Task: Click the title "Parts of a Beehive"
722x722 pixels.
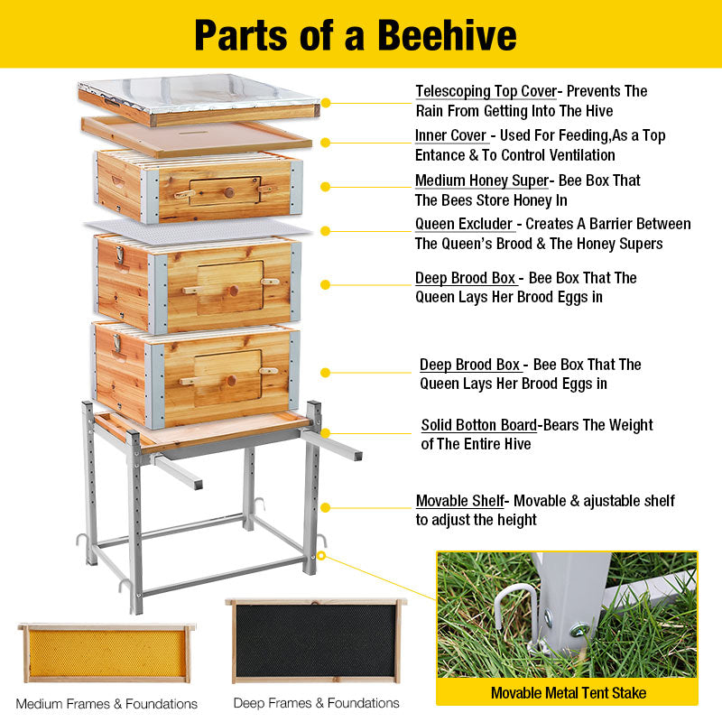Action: pyautogui.click(x=356, y=34)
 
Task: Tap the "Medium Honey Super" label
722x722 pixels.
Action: pyautogui.click(x=481, y=180)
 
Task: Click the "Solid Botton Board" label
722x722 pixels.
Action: pyautogui.click(x=478, y=425)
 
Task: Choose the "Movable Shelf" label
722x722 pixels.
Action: pyautogui.click(x=458, y=501)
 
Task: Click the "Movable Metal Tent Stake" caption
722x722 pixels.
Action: pyautogui.click(x=568, y=693)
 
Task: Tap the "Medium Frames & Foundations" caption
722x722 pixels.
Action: pyautogui.click(x=106, y=703)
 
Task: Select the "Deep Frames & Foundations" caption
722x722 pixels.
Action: pyautogui.click(x=316, y=702)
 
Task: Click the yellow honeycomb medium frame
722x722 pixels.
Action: pyautogui.click(x=106, y=653)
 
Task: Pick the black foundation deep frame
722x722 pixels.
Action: pyautogui.click(x=316, y=640)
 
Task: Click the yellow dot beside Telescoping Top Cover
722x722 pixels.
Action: pyautogui.click(x=326, y=103)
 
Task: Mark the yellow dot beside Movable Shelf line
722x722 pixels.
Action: pyautogui.click(x=325, y=507)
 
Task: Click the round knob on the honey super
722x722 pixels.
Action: pyautogui.click(x=228, y=192)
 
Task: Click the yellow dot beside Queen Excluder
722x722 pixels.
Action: pyautogui.click(x=325, y=230)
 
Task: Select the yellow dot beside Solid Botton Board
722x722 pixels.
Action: pyautogui.click(x=325, y=433)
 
